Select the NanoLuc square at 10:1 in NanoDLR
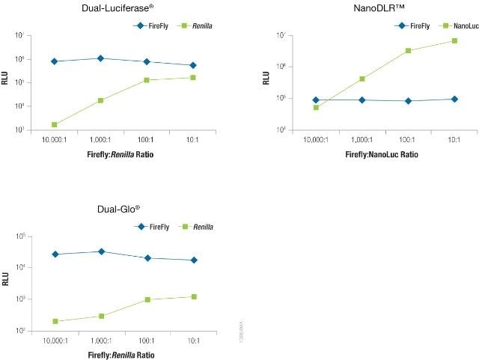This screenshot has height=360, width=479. click(x=454, y=40)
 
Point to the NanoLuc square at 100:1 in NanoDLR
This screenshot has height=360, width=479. click(x=408, y=51)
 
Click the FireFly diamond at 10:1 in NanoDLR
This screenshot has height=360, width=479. click(x=454, y=99)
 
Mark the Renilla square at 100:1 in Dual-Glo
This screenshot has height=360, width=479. click(x=147, y=299)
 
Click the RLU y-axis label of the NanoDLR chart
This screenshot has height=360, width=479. click(x=266, y=77)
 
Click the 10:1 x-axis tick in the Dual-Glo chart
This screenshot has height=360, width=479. click(x=193, y=341)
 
